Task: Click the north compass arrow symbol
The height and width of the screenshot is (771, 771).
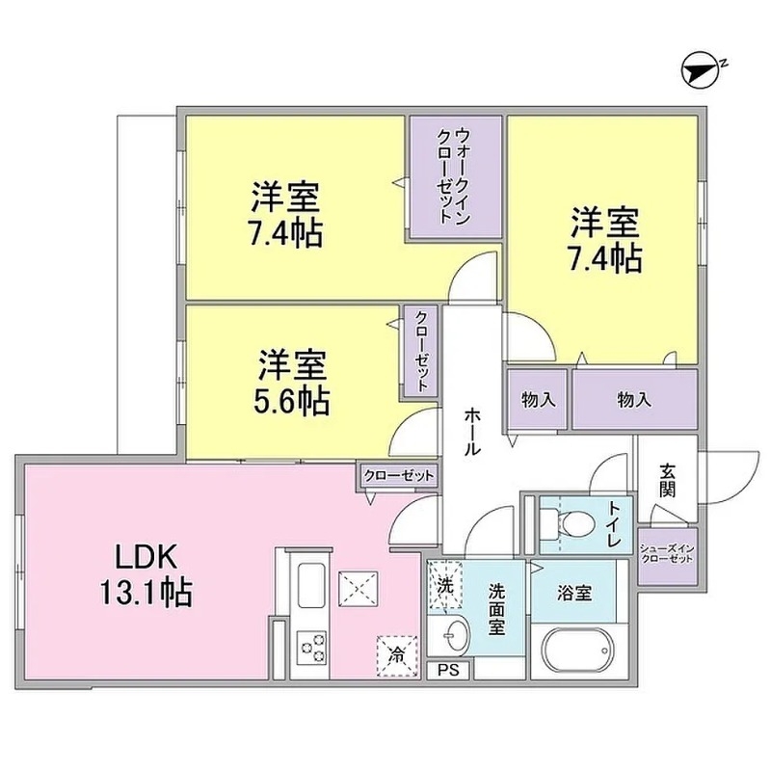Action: point(703,69)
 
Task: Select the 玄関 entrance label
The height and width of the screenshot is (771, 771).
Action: point(667,480)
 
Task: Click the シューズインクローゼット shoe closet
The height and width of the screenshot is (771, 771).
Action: point(667,554)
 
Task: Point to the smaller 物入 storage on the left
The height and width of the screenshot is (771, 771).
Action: point(538,398)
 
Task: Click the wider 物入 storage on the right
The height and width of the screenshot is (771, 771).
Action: point(633,398)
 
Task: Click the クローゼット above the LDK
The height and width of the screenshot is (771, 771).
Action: point(400,475)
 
